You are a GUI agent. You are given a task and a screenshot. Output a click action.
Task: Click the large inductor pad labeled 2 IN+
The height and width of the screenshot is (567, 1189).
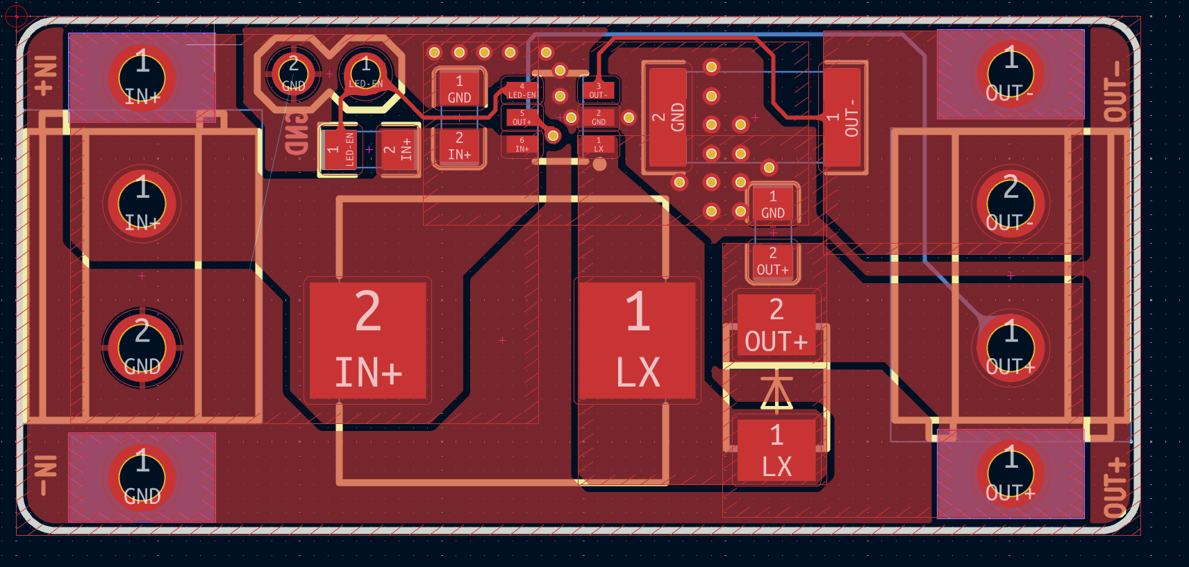tap(367, 340)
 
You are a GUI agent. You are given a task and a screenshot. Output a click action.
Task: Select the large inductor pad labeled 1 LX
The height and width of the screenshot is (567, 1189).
tap(637, 340)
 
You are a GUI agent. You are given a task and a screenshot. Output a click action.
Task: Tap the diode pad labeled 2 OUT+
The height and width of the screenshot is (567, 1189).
tap(776, 324)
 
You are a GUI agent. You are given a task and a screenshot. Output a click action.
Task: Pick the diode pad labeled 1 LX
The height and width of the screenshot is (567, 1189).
tap(776, 450)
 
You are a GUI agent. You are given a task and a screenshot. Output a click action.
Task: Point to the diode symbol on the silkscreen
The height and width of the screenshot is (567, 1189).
tap(776, 391)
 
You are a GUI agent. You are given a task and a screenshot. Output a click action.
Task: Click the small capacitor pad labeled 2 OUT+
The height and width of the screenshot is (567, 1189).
tap(772, 262)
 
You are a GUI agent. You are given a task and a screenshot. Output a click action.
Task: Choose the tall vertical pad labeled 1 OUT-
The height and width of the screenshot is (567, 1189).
tap(843, 117)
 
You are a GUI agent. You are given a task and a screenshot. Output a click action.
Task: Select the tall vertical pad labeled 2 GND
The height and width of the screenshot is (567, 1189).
tap(668, 117)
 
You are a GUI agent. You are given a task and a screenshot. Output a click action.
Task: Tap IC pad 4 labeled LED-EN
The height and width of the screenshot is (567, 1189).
tap(522, 91)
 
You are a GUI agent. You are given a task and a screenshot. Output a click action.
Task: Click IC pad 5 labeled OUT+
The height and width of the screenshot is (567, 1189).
tap(522, 117)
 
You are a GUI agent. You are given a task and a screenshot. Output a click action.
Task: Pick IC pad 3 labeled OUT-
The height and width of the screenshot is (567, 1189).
tap(598, 91)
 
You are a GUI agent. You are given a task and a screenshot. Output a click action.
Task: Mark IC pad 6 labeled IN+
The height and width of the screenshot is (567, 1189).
tap(522, 144)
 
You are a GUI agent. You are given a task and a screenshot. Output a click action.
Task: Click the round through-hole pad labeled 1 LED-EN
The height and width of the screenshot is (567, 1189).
tap(365, 73)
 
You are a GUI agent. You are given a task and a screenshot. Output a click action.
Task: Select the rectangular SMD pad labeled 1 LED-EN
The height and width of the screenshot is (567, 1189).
tap(341, 149)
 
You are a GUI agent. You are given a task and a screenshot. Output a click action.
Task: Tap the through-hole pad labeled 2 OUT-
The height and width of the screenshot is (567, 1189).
tap(1010, 203)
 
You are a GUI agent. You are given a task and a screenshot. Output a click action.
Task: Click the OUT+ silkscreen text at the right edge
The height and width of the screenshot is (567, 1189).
tap(1115, 486)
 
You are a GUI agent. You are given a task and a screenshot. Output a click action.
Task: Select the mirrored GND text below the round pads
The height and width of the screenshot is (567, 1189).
tap(297, 133)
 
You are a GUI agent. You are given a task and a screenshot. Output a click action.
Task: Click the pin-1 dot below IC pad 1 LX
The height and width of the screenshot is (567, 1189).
tap(599, 164)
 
